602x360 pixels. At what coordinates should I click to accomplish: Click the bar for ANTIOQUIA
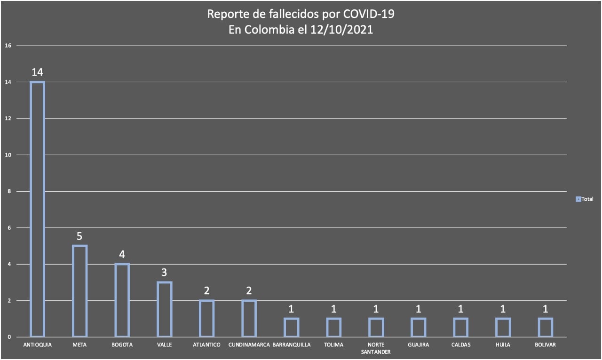pyautogui.click(x=37, y=209)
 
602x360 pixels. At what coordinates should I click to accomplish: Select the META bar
pyautogui.click(x=79, y=291)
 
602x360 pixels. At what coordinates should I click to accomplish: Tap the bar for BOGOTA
pyautogui.click(x=122, y=300)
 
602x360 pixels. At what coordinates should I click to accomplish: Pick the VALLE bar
pyautogui.click(x=164, y=309)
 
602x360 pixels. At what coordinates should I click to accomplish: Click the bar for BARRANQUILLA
pyautogui.click(x=291, y=328)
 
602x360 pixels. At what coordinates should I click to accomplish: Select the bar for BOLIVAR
pyautogui.click(x=545, y=328)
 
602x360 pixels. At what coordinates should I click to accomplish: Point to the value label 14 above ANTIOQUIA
pyautogui.click(x=38, y=72)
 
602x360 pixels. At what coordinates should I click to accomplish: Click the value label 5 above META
pyautogui.click(x=79, y=236)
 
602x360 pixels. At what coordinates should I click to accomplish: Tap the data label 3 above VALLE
pyautogui.click(x=164, y=273)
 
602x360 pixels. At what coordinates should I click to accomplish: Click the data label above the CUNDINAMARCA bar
pyautogui.click(x=249, y=291)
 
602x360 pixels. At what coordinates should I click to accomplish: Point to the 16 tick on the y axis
pyautogui.click(x=8, y=46)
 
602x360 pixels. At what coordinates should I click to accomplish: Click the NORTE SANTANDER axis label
pyautogui.click(x=376, y=348)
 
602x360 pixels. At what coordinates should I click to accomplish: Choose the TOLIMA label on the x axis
pyautogui.click(x=333, y=345)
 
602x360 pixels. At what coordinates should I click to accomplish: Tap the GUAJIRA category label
pyautogui.click(x=418, y=345)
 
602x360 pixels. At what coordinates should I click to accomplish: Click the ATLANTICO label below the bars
pyautogui.click(x=206, y=345)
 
